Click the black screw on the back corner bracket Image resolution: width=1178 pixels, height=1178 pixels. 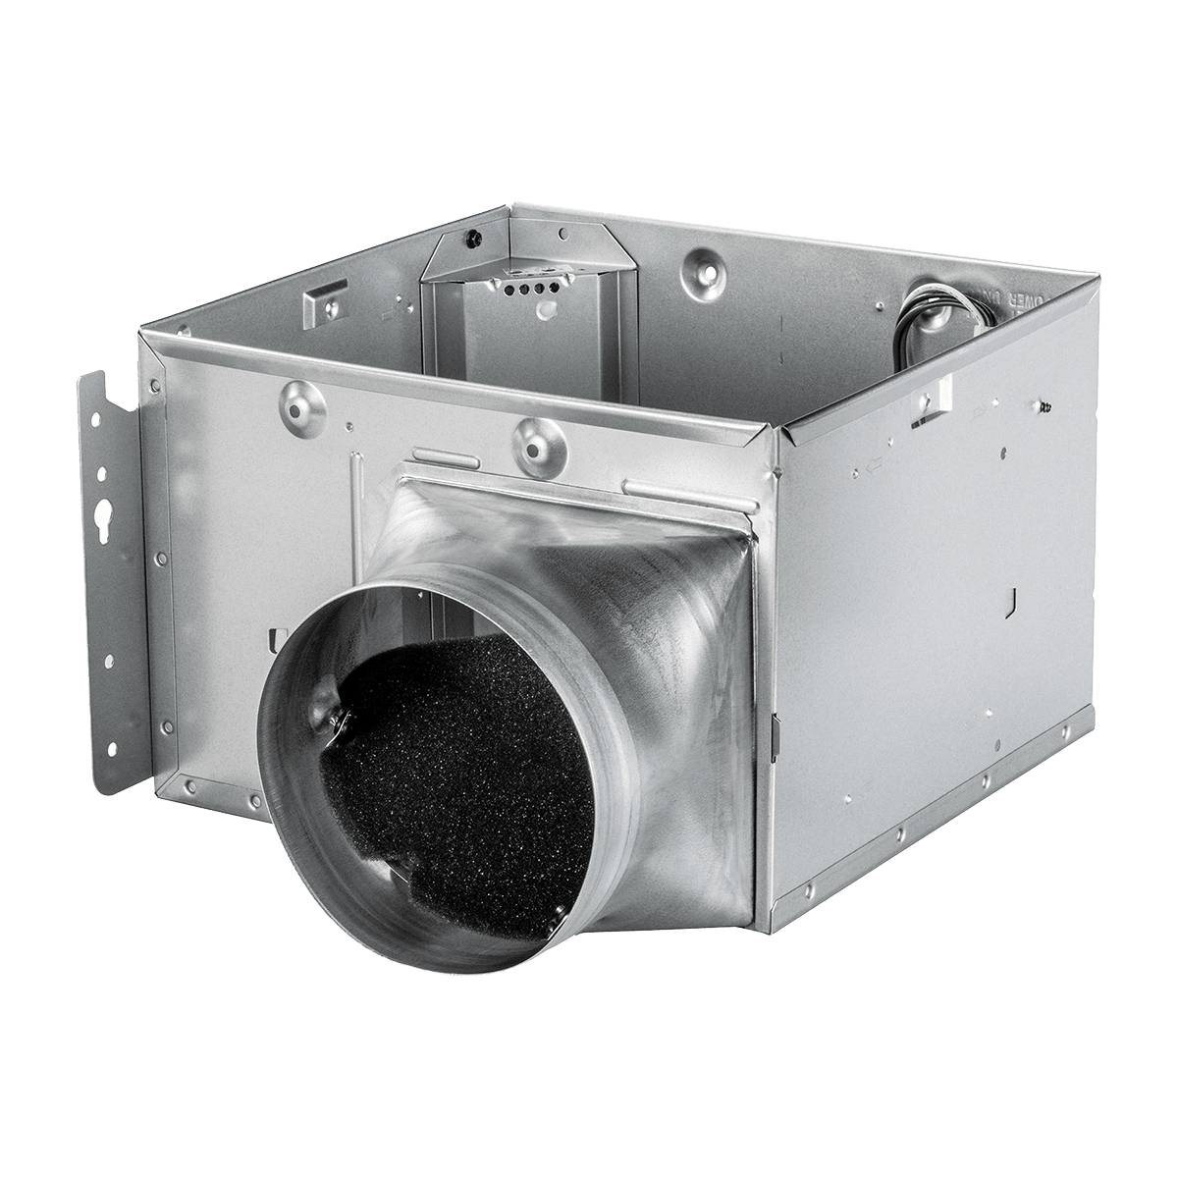[x=473, y=237]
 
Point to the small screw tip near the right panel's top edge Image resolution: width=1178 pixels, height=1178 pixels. [x=1044, y=403]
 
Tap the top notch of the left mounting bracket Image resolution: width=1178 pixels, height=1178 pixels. [x=98, y=375]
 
